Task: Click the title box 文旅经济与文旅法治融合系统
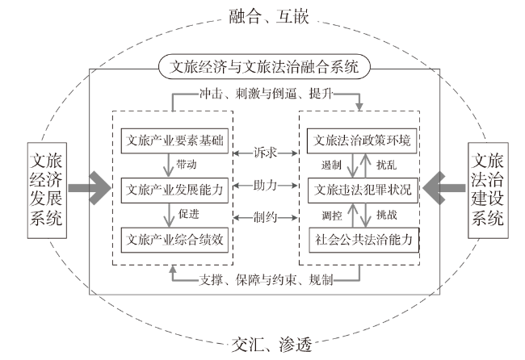[264, 66]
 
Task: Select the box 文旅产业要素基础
[174, 141]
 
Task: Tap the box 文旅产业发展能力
[174, 190]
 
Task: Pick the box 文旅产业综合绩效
[174, 240]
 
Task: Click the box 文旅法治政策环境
[362, 141]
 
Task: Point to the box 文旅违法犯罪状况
[363, 190]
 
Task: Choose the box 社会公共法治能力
[363, 240]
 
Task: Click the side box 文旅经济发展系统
[47, 190]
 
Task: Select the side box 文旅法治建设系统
[488, 190]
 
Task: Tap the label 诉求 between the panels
[265, 153]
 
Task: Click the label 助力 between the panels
[265, 185]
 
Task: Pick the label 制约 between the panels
[265, 217]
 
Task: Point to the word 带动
[187, 165]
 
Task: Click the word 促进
[188, 214]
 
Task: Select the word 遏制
[331, 165]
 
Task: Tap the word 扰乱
[386, 165]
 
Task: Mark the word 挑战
[387, 215]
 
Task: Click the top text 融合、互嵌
[268, 16]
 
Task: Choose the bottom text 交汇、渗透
[271, 345]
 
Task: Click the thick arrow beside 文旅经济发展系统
[90, 188]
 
